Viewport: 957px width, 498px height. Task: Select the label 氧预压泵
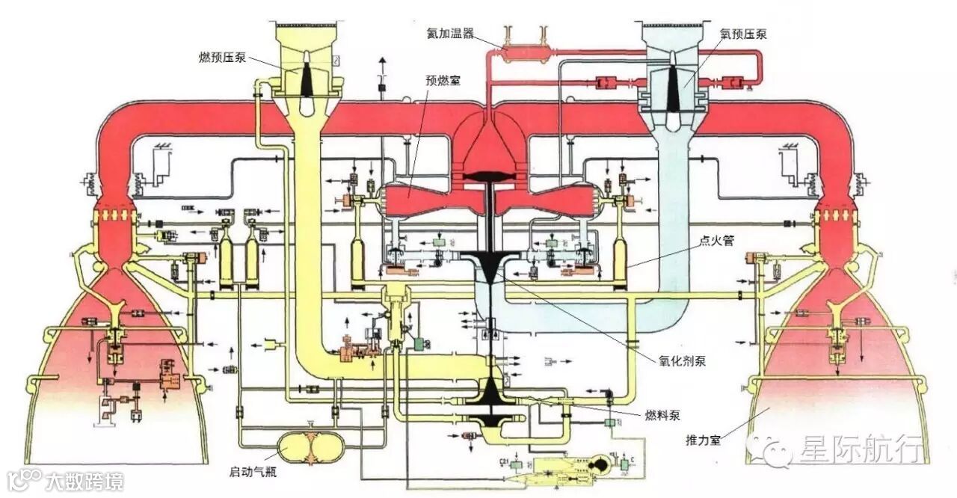pos(743,34)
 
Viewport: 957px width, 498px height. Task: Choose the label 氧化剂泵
pos(682,361)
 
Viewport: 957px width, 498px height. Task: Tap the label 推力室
pos(705,440)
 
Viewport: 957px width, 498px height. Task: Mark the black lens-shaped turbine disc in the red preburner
pos(491,176)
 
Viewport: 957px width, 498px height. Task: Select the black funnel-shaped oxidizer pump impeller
pos(490,265)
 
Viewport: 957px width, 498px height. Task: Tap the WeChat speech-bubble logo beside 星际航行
pos(771,450)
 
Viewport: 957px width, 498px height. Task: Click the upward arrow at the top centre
pos(383,62)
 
